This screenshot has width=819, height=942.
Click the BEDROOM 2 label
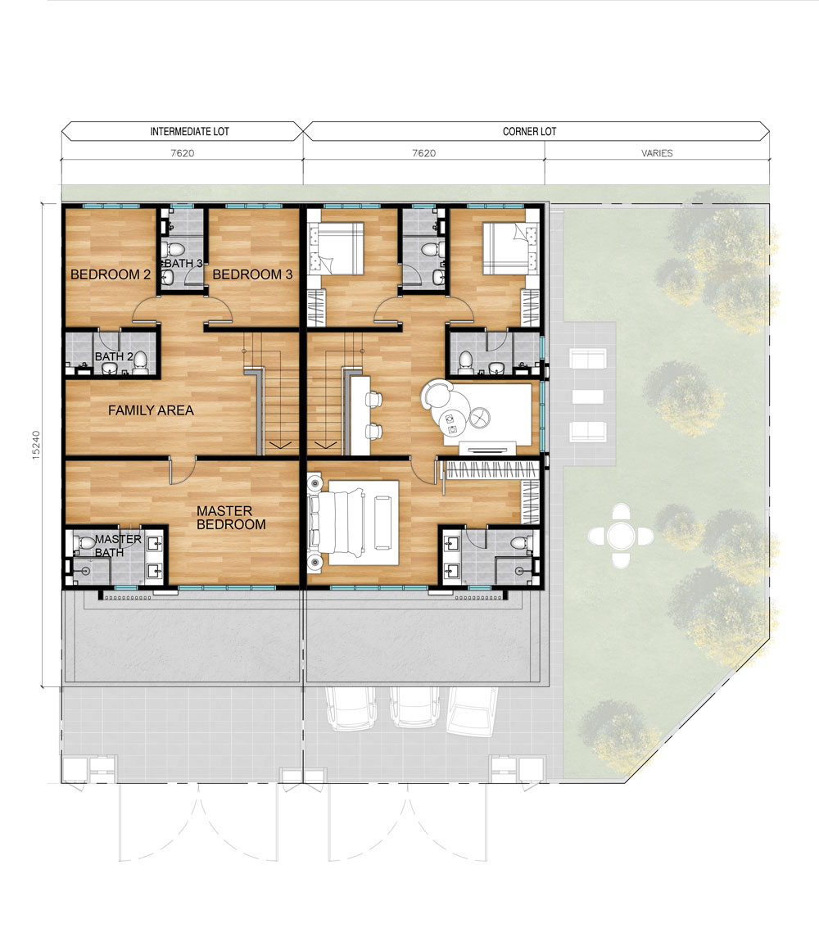[x=111, y=274]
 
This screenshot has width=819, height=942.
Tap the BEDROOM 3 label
[x=252, y=274]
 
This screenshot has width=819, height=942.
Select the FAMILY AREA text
[x=151, y=410]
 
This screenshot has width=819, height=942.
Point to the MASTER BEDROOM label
[x=231, y=517]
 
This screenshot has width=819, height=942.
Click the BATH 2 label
[x=114, y=357]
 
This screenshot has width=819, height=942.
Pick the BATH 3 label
[x=183, y=263]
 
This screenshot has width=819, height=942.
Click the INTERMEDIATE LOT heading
[x=190, y=132]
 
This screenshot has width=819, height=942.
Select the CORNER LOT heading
[x=529, y=132]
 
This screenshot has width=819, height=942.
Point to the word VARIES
[x=657, y=153]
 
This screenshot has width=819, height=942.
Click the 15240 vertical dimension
[x=36, y=445]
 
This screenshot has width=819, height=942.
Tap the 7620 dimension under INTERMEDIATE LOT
[x=182, y=153]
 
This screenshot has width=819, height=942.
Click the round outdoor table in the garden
[x=621, y=536]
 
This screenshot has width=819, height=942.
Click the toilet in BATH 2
[x=140, y=362]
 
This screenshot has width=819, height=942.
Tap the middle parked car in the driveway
[x=412, y=706]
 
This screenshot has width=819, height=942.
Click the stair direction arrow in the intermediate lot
[x=280, y=445]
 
